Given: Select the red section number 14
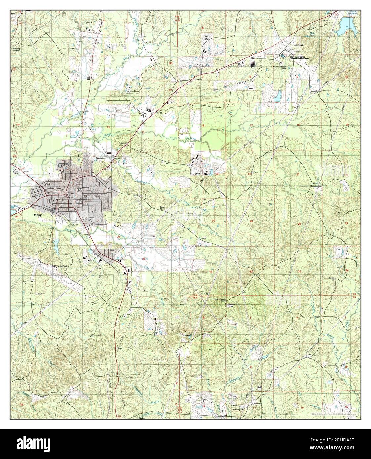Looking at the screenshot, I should (108, 127).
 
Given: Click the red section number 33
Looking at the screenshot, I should (299, 271).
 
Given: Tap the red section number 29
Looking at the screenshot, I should (251, 221).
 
